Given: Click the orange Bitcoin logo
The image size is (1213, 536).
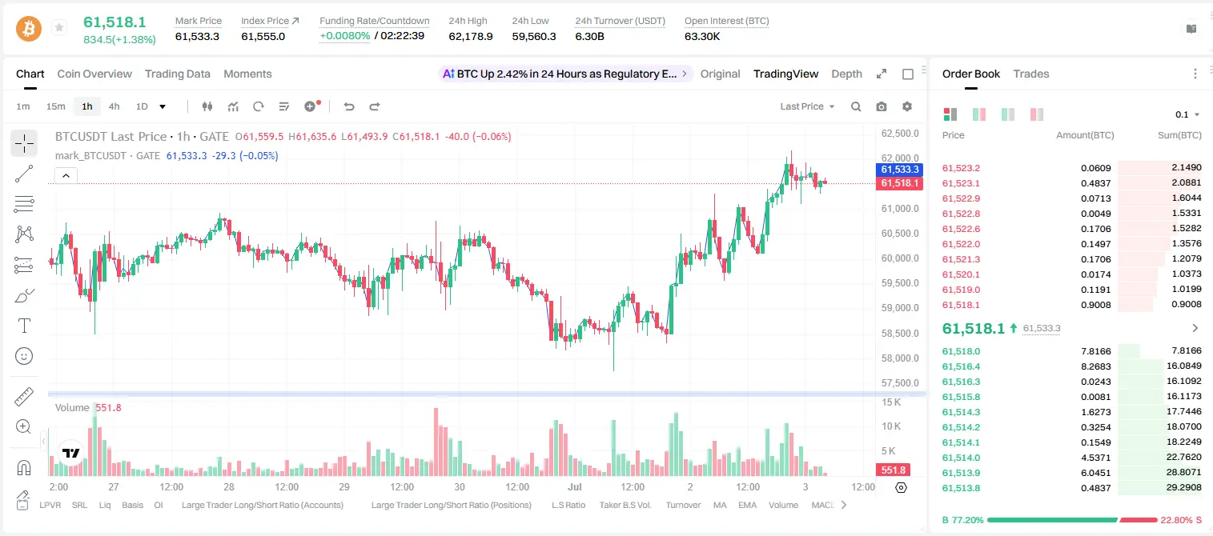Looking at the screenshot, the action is (29, 29).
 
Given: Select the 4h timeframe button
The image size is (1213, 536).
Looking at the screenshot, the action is (114, 106).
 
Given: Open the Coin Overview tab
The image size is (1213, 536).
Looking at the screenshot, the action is (94, 74).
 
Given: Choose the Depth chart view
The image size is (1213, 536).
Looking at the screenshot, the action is (846, 74).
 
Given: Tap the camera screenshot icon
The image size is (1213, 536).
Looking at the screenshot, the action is (882, 106).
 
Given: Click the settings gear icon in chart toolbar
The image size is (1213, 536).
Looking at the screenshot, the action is (907, 106).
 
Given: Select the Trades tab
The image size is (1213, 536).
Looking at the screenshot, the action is (1031, 74).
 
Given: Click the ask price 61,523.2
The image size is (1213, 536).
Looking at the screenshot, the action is (962, 168).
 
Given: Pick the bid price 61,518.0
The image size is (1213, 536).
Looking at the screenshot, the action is (962, 351).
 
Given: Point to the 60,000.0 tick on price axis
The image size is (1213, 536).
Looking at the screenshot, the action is (900, 258).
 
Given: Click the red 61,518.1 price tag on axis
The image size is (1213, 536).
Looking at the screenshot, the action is (899, 183).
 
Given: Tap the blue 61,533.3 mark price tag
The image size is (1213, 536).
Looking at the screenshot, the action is (899, 170).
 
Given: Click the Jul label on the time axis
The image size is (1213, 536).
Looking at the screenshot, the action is (575, 486).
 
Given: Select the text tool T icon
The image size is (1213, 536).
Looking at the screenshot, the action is (24, 326).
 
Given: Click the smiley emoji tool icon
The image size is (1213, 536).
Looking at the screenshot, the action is (24, 356).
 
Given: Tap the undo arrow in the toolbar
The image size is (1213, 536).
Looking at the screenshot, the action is (349, 106).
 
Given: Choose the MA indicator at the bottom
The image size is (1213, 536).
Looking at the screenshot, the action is (720, 505).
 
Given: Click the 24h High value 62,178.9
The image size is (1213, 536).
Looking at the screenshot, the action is (471, 36).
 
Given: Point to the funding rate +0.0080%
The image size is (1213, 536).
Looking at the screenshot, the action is (345, 36).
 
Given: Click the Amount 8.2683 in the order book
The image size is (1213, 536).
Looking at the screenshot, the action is (1095, 366).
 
